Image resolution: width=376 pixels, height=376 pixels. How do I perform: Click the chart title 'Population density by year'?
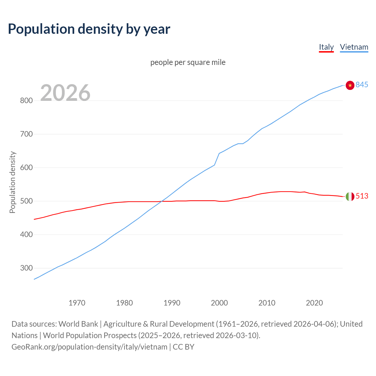[x=89, y=29]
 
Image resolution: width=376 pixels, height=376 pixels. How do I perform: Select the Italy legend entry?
[x=326, y=47]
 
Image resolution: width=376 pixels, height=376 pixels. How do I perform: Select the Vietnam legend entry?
[x=354, y=47]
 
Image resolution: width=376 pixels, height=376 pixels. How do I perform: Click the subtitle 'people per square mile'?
[x=188, y=62]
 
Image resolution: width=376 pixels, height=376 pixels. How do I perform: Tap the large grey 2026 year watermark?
[x=65, y=93]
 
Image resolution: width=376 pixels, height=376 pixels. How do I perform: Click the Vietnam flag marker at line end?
[x=350, y=85]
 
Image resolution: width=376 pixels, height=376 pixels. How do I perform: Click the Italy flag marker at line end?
[x=350, y=196]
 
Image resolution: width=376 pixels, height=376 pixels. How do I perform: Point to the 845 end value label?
[x=362, y=85]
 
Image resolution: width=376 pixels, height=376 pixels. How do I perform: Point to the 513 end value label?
[x=362, y=196]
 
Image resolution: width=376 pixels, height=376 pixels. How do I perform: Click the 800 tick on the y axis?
[x=26, y=101]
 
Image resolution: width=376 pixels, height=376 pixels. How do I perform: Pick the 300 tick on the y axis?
[x=26, y=268]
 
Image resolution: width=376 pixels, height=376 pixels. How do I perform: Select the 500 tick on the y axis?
[x=26, y=201]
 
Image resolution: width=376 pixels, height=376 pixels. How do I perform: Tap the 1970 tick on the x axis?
[x=77, y=303]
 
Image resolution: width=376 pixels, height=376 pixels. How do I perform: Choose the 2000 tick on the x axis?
[x=219, y=303]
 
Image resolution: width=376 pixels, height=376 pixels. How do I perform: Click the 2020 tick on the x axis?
[x=314, y=303]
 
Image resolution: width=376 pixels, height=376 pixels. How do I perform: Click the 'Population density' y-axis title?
[x=12, y=182]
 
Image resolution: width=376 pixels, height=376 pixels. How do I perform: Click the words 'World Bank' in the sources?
[x=78, y=324]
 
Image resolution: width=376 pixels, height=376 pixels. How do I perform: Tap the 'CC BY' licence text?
[x=183, y=347]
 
